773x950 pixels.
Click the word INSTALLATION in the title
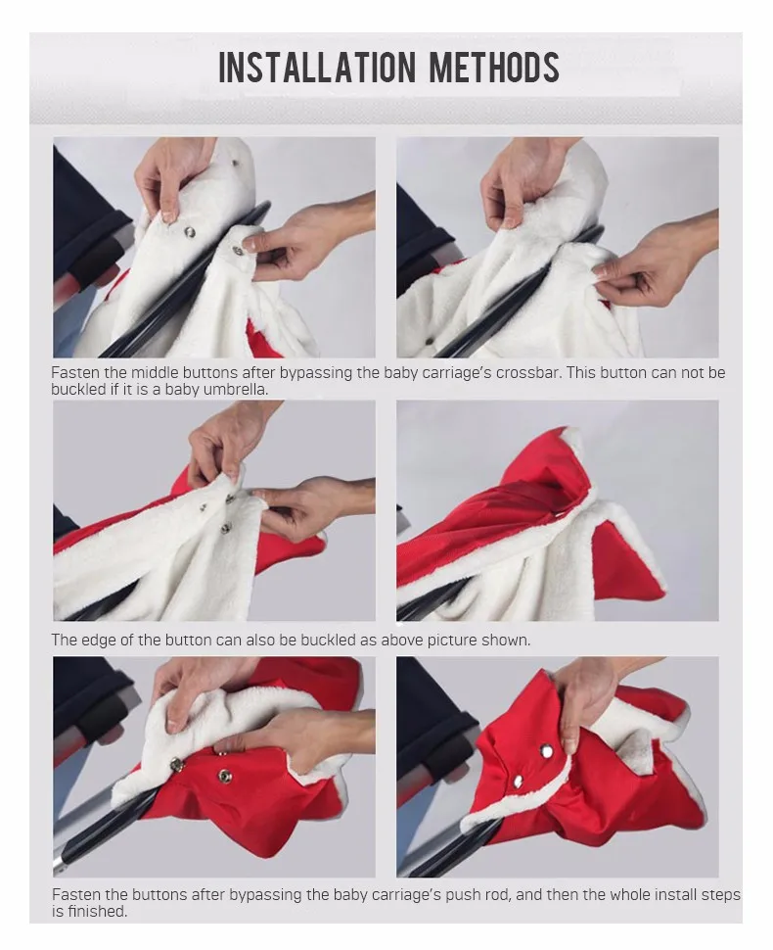(317, 67)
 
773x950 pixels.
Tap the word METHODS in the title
(494, 67)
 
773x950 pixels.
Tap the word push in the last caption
(462, 895)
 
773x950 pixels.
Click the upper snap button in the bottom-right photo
(547, 752)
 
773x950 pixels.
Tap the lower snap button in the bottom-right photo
(519, 782)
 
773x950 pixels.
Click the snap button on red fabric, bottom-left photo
(225, 776)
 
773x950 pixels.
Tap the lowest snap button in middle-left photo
(226, 528)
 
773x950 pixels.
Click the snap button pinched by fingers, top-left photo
(238, 250)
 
